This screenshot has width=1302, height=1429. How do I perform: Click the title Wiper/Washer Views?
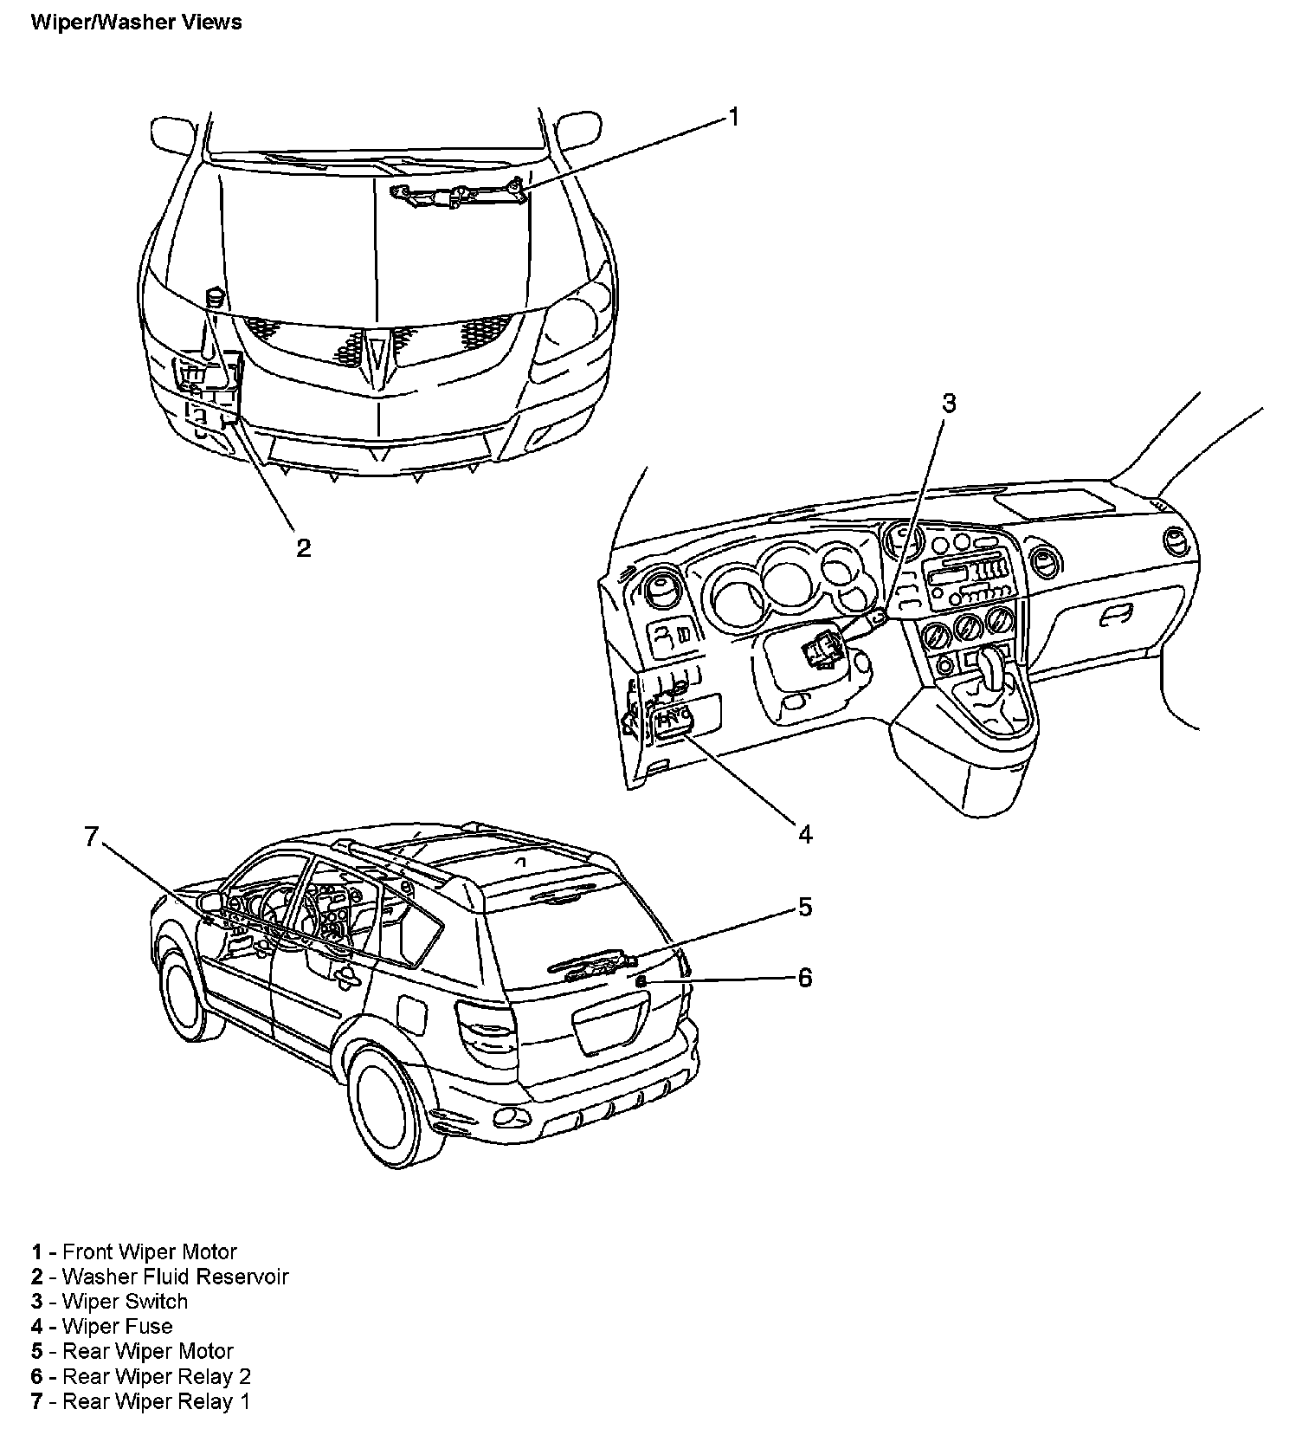tap(136, 22)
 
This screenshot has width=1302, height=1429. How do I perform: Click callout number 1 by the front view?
tap(733, 117)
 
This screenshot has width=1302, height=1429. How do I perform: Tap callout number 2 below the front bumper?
tap(303, 548)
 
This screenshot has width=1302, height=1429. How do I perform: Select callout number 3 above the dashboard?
tap(949, 404)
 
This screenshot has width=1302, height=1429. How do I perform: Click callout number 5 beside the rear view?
tap(805, 907)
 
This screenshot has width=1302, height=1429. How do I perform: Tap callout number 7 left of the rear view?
tap(93, 837)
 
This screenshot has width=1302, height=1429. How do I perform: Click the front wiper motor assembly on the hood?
tap(459, 195)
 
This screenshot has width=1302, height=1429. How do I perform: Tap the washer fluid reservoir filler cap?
tap(215, 297)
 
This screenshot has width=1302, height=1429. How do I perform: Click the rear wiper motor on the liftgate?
tap(597, 965)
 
